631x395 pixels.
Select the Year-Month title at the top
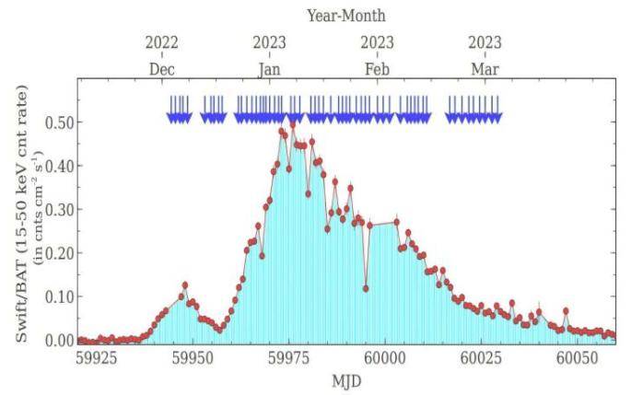[x=346, y=15]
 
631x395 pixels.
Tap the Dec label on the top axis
[x=161, y=69]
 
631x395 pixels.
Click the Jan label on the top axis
[x=270, y=69]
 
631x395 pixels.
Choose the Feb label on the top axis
[x=377, y=69]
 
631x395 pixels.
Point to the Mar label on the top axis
[x=485, y=69]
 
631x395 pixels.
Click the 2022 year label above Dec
[x=161, y=42]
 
